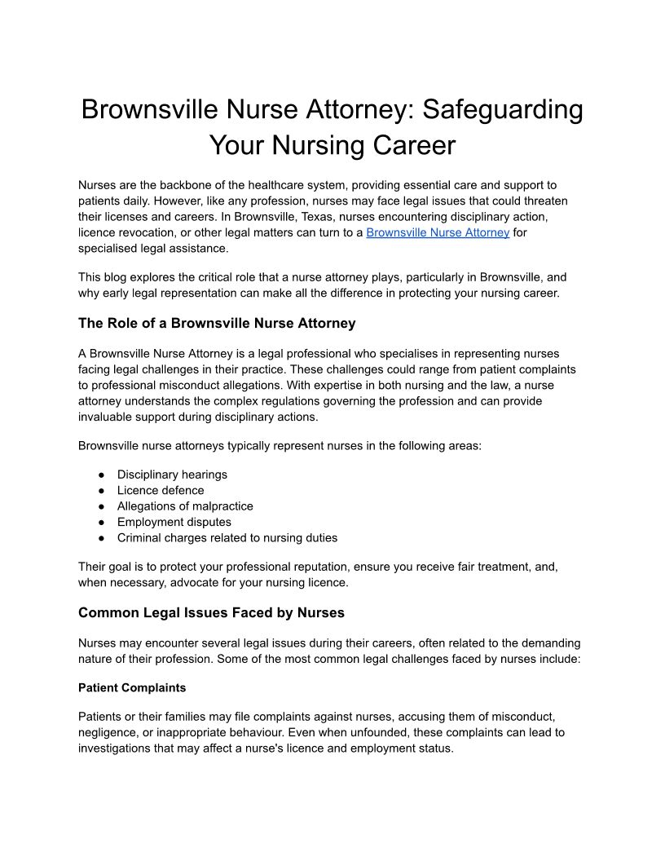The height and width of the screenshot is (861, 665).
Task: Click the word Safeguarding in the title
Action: point(495,109)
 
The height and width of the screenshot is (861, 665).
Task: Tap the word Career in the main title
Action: point(408,145)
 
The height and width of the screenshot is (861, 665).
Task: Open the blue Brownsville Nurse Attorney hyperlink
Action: point(438,232)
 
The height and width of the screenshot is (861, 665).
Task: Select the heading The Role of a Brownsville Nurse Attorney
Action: point(217,323)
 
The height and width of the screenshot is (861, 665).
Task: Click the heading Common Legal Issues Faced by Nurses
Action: point(211,612)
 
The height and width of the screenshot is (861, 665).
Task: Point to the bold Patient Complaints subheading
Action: point(132,687)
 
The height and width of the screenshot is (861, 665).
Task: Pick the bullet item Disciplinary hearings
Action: point(172,475)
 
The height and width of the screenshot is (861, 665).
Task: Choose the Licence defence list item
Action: point(161,490)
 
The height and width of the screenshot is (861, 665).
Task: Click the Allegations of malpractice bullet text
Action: point(185,506)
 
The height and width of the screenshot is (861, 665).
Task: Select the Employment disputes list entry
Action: point(174,522)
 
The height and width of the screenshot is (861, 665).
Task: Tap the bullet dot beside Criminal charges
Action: point(101,538)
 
